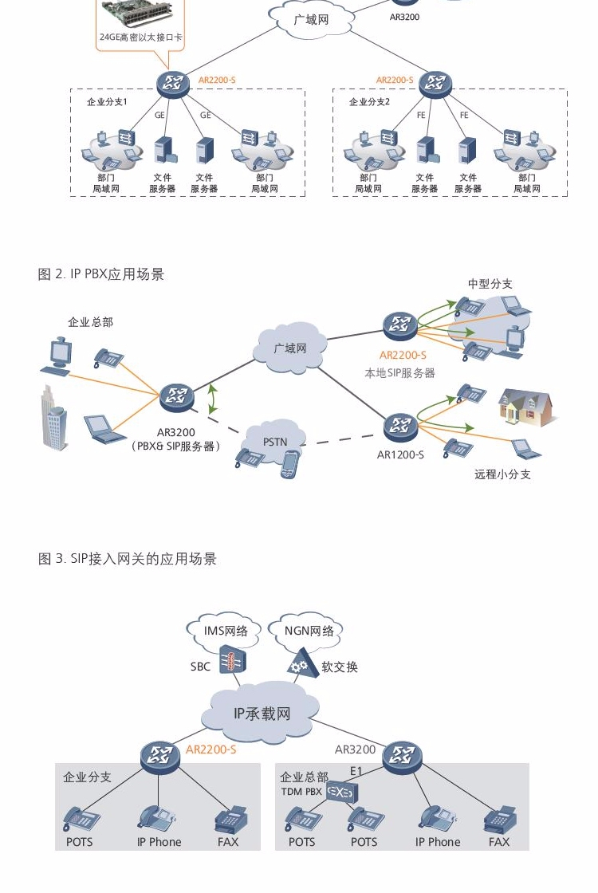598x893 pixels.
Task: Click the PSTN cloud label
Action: pos(275,442)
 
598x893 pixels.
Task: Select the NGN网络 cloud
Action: pos(308,631)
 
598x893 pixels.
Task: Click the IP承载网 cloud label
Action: pos(262,714)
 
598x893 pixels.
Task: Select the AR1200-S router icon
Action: pos(399,426)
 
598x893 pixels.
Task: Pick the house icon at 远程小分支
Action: pos(525,407)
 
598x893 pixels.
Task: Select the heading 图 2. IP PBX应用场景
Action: pos(100,274)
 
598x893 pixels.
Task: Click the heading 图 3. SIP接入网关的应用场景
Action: pos(127,559)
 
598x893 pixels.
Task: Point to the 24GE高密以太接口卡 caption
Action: pos(140,37)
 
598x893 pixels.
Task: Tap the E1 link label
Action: pos(356,770)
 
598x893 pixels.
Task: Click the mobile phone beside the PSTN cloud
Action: pos(290,464)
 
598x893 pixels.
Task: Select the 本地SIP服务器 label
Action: pos(399,373)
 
